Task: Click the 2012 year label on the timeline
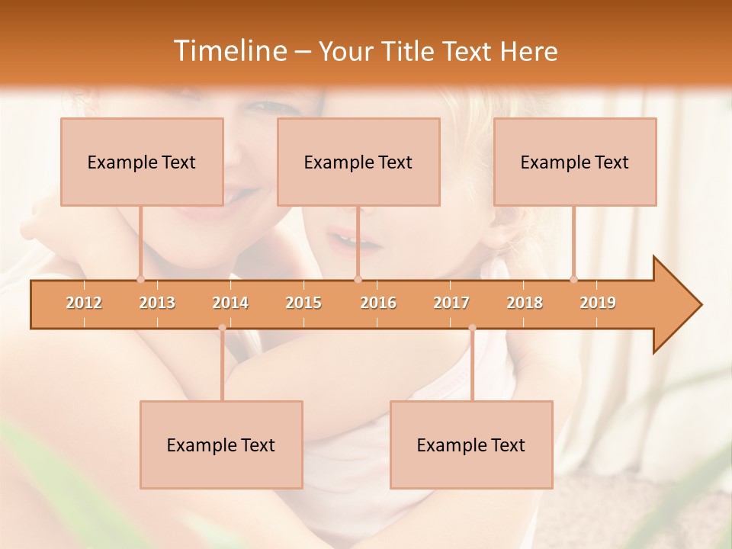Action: click(x=84, y=303)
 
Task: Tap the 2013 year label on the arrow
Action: click(x=157, y=303)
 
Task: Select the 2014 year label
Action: click(x=230, y=303)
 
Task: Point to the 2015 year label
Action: click(x=303, y=303)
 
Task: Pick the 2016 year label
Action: click(x=378, y=303)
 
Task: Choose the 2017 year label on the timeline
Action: click(x=451, y=303)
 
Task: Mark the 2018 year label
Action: click(x=525, y=303)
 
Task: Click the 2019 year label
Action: click(x=598, y=303)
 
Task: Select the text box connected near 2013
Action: click(x=142, y=162)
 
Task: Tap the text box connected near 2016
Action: click(x=358, y=162)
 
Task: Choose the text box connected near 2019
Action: click(x=575, y=162)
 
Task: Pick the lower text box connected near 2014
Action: click(x=221, y=445)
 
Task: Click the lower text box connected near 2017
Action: click(x=471, y=445)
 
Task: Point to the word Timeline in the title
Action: click(x=229, y=51)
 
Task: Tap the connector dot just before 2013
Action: click(x=140, y=279)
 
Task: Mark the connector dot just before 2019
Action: click(x=574, y=279)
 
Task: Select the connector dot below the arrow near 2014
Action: click(x=222, y=328)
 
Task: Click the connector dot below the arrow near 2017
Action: click(x=472, y=328)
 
